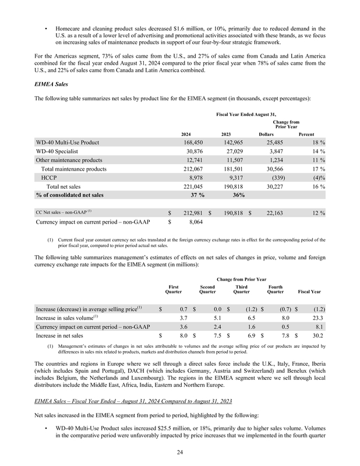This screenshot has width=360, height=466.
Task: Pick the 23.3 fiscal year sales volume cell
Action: [x=318, y=317]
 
